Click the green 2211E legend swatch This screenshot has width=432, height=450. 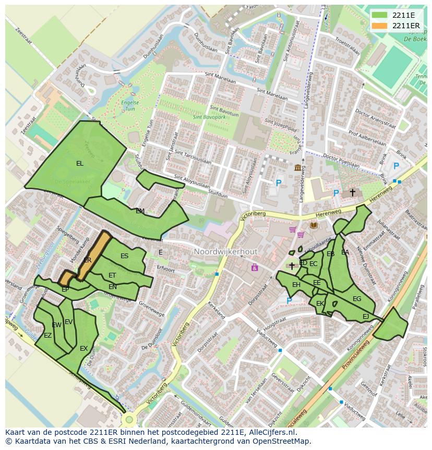point(379,15)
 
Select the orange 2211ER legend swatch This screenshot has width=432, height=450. point(379,26)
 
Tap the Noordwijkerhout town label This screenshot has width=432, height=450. point(225,252)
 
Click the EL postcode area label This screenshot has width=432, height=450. point(79,164)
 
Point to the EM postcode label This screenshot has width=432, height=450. point(140,211)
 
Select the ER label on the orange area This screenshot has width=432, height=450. point(87,260)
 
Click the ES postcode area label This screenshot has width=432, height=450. point(124,256)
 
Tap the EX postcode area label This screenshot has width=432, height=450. point(83,349)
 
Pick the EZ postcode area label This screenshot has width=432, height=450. point(47,336)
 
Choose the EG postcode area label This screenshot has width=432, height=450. point(357,299)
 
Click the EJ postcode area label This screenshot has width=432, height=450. point(366,317)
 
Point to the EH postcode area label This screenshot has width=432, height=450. point(296,285)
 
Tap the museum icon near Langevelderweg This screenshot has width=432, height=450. point(298,167)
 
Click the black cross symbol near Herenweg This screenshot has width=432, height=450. point(352,192)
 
